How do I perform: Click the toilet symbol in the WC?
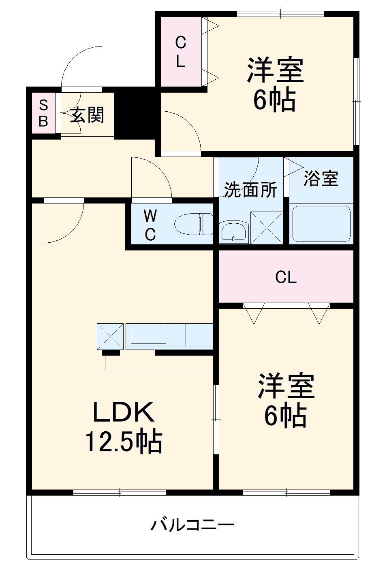tap(194, 224)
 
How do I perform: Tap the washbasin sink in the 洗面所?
tap(234, 232)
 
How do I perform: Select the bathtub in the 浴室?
tap(321, 224)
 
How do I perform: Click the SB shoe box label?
tap(43, 114)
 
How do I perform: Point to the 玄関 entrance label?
tap(87, 115)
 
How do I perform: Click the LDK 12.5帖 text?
tap(124, 427)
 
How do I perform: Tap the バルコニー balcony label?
tap(192, 525)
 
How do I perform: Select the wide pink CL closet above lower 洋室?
tap(286, 277)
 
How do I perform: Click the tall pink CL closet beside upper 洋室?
tap(181, 51)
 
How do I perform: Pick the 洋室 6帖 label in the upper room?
tap(275, 85)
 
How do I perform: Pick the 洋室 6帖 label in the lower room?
tap(286, 401)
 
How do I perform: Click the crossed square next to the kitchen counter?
tap(110, 336)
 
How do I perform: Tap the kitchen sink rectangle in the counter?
tap(148, 334)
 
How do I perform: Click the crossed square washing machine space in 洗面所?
tap(266, 228)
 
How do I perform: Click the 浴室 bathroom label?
tap(321, 178)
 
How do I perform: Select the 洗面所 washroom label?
tap(250, 189)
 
